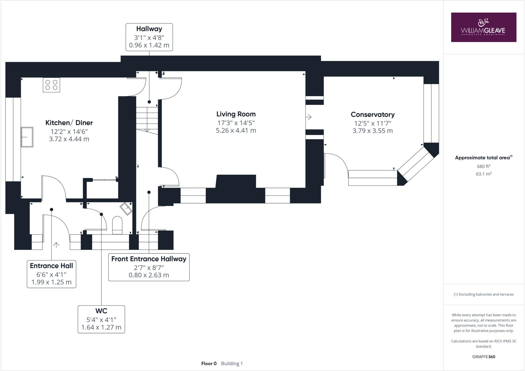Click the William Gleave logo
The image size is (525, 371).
pyautogui.click(x=483, y=27)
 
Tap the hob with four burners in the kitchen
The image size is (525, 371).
pyautogui.click(x=51, y=85)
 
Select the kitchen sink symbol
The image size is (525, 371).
pyautogui.click(x=27, y=137)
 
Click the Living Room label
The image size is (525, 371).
pyautogui.click(x=236, y=114)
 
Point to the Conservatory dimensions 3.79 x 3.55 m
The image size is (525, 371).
pyautogui.click(x=372, y=131)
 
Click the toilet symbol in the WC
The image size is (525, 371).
pyautogui.click(x=117, y=225)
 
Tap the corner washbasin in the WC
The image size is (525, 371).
pyautogui.click(x=126, y=209)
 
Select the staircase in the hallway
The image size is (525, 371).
pyautogui.click(x=147, y=119)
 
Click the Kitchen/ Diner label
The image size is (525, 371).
pyautogui.click(x=69, y=123)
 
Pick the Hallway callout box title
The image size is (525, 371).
pyautogui.click(x=149, y=29)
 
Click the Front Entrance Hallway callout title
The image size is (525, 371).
pyautogui.click(x=149, y=259)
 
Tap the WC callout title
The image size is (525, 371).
pyautogui.click(x=101, y=311)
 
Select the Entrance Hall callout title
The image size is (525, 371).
pyautogui.click(x=52, y=266)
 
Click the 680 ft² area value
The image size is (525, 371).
pyautogui.click(x=484, y=166)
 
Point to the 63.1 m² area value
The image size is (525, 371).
pyautogui.click(x=484, y=174)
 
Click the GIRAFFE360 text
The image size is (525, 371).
pyautogui.click(x=483, y=357)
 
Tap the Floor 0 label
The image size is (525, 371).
pyautogui.click(x=209, y=363)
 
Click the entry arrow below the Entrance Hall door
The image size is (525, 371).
pyautogui.click(x=56, y=245)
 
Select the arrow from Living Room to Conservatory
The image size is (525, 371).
pyautogui.click(x=309, y=117)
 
